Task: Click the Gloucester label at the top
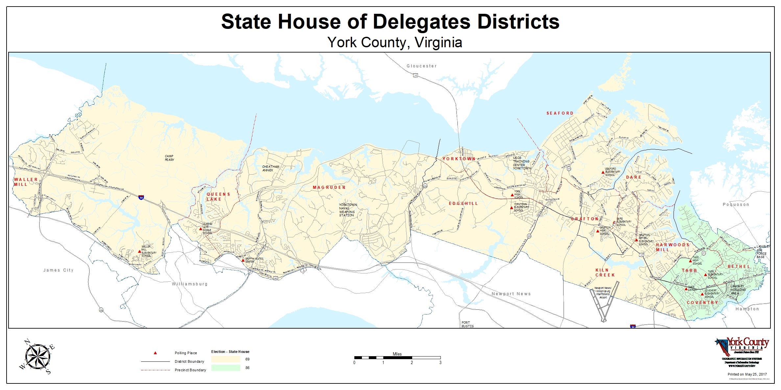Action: [422, 66]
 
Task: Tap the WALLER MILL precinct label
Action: [25, 182]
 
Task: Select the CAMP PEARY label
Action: [170, 158]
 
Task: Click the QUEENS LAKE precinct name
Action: [218, 197]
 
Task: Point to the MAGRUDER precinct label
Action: [329, 187]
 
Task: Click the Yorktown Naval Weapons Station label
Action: [348, 210]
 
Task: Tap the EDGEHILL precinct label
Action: [463, 204]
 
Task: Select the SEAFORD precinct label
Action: [560, 113]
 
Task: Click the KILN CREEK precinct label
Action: [605, 272]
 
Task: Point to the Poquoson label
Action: [736, 205]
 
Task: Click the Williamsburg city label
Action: [190, 284]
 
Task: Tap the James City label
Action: [59, 270]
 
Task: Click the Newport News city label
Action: [511, 294]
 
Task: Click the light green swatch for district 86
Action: [225, 368]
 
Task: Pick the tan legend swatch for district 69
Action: [225, 359]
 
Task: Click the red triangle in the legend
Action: [155, 353]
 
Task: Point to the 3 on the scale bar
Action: [440, 363]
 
